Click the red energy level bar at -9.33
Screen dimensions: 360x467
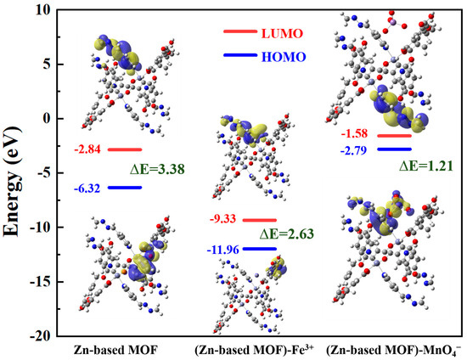click(260, 220)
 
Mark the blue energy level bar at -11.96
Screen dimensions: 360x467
click(260, 249)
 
